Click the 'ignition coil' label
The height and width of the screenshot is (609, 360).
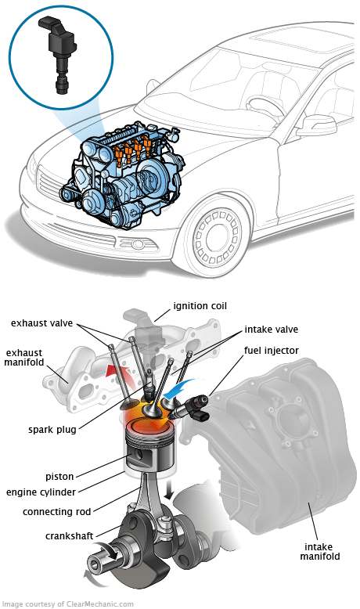point(200,306)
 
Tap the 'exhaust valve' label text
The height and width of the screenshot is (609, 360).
point(41,323)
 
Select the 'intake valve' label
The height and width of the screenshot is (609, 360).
point(271,330)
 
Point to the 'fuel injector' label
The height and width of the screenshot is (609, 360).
point(271,351)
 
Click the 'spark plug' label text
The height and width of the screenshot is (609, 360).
point(52,430)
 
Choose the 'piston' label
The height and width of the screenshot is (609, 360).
point(59,476)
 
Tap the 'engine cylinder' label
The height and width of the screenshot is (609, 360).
point(41,492)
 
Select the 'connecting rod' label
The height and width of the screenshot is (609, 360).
point(56,512)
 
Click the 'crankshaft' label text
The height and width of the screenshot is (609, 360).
point(69,536)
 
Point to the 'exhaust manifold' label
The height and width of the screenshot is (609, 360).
point(24,358)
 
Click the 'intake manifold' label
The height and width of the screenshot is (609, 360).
point(319,552)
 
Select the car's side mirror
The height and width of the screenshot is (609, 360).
point(315,125)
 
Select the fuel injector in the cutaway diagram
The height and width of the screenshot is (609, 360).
point(193,407)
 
